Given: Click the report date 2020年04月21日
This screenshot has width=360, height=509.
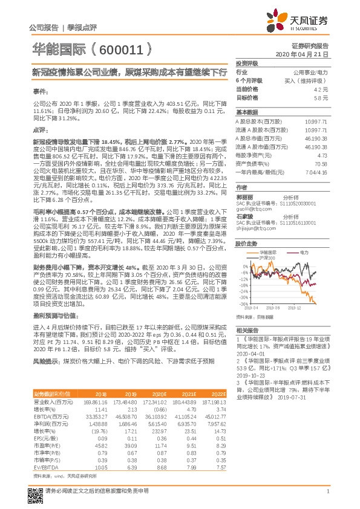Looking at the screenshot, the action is (306, 54).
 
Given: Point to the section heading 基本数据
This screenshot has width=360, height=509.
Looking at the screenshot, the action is (246, 112).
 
